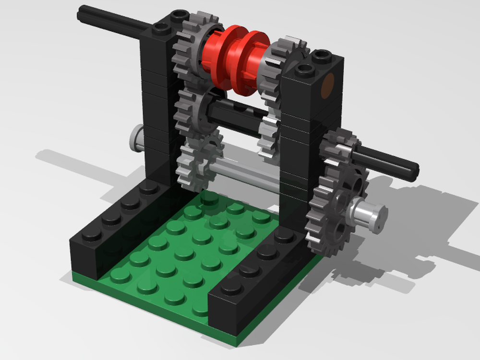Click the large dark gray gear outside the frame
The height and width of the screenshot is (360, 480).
click(x=336, y=211)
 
